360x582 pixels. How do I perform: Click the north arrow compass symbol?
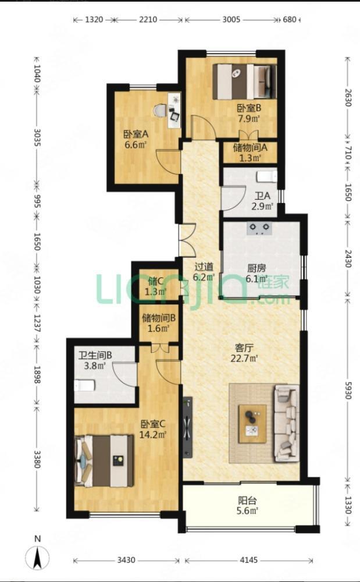coord(37,558)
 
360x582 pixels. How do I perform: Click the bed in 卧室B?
coord(245,81)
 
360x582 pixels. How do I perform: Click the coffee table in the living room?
coord(252,424)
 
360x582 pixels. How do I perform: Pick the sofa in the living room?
coord(286,423)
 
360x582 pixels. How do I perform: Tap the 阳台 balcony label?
coord(248,501)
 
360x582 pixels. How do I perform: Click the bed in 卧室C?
coord(104,460)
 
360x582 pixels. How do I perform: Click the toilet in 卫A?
coord(267,176)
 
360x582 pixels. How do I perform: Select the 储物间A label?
coord(250,148)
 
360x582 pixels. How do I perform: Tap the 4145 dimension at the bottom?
coord(249,560)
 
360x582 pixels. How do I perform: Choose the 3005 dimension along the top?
coord(231,19)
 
